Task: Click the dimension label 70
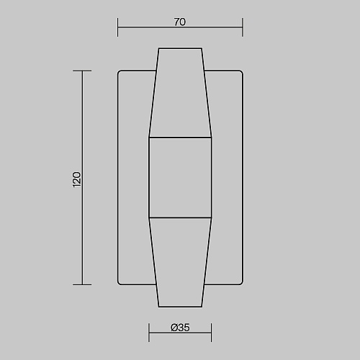[x=180, y=22]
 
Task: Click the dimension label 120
[x=77, y=179]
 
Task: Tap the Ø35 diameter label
[x=180, y=328]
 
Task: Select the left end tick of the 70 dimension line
[x=117, y=27]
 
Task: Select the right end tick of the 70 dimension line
[x=243, y=27]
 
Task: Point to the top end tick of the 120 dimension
[x=82, y=71]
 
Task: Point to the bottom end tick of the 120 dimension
[x=82, y=285]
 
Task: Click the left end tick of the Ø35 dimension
[x=149, y=333]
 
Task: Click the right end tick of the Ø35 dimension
[x=212, y=333]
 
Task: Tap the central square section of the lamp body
[x=180, y=178]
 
